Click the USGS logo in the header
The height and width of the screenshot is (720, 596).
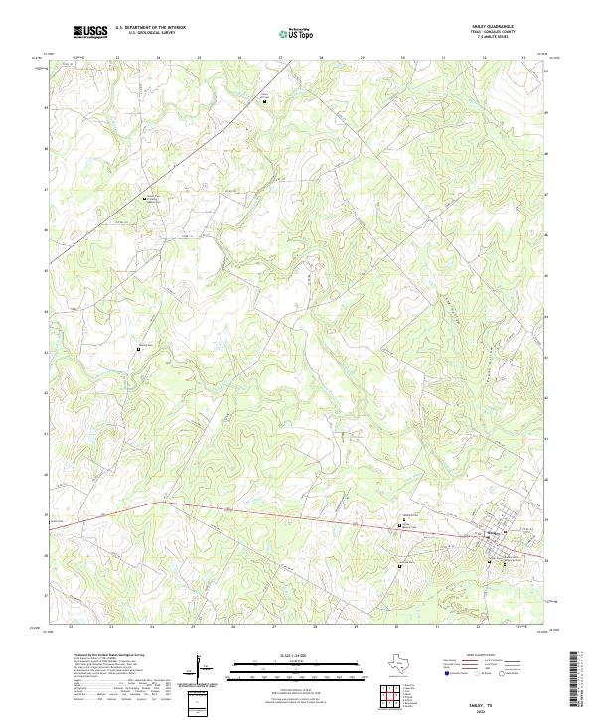pyautogui.click(x=91, y=32)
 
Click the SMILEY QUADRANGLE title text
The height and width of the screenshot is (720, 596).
pyautogui.click(x=499, y=26)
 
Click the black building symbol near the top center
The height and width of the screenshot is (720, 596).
pyautogui.click(x=265, y=98)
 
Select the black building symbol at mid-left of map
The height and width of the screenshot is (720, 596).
pyautogui.click(x=138, y=349)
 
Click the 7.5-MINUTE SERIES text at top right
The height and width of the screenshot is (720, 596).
pyautogui.click(x=499, y=41)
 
